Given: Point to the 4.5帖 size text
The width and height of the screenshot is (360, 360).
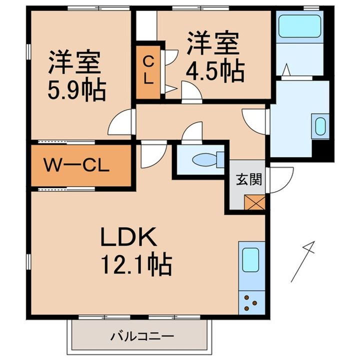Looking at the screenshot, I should (x=215, y=71).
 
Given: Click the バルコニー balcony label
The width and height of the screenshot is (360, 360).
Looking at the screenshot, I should (x=142, y=336).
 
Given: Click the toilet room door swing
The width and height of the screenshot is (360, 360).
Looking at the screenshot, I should (x=192, y=133).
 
